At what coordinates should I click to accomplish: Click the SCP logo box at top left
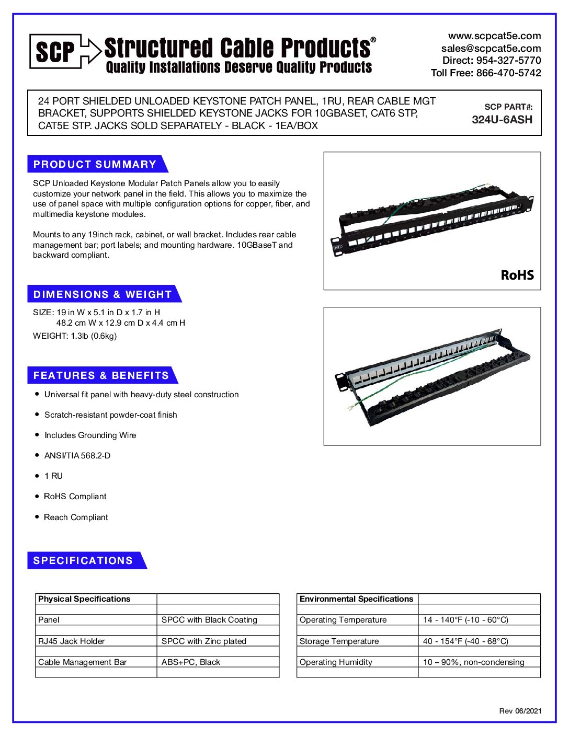tap(55, 51)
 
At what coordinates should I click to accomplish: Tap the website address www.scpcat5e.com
tap(494, 36)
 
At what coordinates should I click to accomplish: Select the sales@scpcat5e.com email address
tap(491, 49)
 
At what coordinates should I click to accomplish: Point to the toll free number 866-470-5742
tap(508, 73)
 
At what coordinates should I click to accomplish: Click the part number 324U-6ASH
tap(502, 120)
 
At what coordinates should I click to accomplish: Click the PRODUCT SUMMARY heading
tap(95, 164)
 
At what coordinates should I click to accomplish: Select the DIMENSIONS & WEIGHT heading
tap(103, 294)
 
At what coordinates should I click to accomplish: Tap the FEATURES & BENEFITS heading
tap(101, 375)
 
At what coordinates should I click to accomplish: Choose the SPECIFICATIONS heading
tap(83, 560)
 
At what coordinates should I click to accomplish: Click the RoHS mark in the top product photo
tap(517, 275)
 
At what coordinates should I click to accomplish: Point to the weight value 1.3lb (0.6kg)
tap(94, 336)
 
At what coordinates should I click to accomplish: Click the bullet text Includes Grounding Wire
tap(90, 435)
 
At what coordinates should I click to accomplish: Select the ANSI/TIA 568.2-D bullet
tap(77, 456)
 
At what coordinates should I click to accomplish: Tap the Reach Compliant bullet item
tap(76, 517)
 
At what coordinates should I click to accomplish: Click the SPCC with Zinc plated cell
tap(203, 641)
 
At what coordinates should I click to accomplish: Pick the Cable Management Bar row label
tap(82, 662)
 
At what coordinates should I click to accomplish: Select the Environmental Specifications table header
tap(356, 599)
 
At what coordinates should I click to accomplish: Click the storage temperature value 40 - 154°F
tap(465, 641)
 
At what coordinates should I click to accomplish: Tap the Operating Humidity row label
tap(336, 662)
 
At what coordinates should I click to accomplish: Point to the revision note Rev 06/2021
tap(520, 711)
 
